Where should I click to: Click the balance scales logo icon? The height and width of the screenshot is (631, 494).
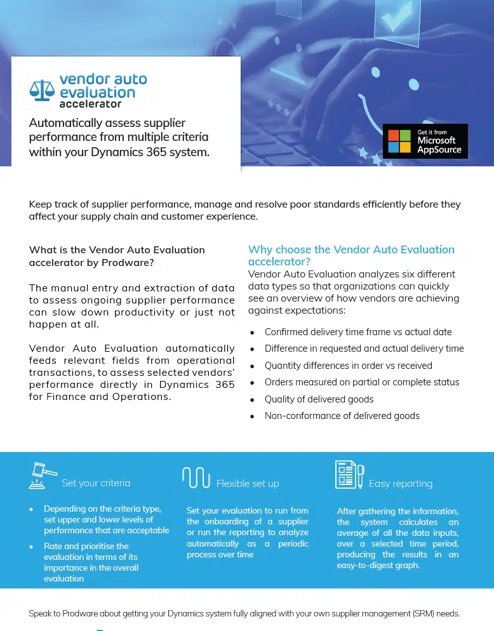point(43,90)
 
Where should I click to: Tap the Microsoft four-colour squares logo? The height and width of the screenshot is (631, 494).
point(400,141)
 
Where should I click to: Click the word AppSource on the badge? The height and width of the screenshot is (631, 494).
point(439,150)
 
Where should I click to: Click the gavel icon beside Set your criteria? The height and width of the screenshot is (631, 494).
point(42,475)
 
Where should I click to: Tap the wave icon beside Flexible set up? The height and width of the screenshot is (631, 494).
point(196,477)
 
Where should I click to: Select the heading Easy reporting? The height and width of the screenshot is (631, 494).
point(401,484)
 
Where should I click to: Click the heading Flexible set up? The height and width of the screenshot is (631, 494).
point(248,484)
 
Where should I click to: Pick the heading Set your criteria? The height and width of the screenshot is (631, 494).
point(96,483)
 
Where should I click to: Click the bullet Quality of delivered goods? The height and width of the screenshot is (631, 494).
point(319,399)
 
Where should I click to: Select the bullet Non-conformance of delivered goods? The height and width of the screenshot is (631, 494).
point(342,416)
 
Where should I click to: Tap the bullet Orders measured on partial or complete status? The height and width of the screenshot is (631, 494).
point(362,382)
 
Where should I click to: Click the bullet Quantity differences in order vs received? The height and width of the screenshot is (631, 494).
point(348,366)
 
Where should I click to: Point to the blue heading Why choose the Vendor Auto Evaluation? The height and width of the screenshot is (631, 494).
point(351,249)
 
